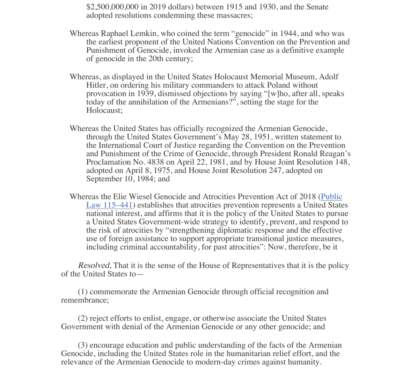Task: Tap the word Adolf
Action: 329,77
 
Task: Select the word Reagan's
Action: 336,154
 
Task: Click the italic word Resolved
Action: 95,266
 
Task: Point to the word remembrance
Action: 84,300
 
